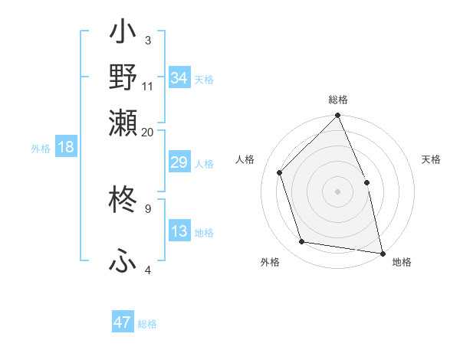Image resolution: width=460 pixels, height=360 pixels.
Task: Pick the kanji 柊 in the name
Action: pos(123,201)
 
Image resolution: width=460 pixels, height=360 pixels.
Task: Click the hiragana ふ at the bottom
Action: pos(123,260)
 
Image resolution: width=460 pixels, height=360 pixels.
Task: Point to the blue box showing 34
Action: pos(179,78)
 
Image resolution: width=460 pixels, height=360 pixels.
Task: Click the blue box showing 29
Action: pos(179,163)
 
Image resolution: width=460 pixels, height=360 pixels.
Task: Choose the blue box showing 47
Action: pos(123,322)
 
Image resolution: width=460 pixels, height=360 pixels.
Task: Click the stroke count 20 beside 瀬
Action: pos(148,132)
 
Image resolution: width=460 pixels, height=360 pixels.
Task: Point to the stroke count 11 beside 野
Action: pos(148,86)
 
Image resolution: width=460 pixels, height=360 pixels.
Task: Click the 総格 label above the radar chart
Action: pos(338,100)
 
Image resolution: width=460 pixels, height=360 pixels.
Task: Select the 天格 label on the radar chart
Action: pos(431,159)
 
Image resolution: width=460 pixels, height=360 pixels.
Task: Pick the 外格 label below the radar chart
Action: pos(270,262)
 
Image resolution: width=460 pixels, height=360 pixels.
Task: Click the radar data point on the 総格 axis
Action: pos(338,116)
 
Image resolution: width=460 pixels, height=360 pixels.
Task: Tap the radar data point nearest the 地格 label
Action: pos(382,252)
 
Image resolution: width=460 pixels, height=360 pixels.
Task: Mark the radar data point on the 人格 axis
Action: pos(280,172)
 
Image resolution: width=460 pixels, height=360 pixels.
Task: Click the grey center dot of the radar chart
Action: pos(338,191)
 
